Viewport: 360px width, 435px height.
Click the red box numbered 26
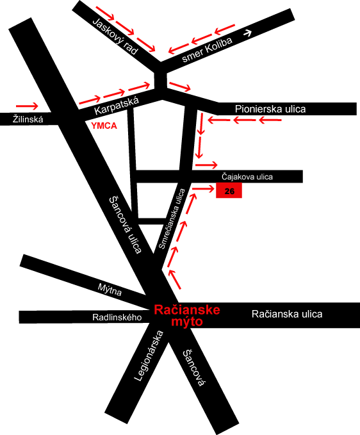[229, 191]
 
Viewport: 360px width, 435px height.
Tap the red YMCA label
[104, 126]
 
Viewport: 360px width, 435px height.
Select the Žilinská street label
[28, 120]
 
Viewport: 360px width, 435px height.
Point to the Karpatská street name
[117, 106]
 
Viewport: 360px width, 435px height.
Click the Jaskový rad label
[115, 36]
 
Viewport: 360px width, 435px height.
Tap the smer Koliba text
[207, 49]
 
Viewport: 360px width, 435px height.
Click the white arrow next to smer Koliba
[247, 33]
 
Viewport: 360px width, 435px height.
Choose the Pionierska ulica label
[270, 109]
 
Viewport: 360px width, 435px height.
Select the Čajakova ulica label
[247, 177]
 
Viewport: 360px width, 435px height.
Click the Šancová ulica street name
[126, 225]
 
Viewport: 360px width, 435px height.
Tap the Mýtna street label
[110, 290]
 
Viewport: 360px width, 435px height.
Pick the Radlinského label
[117, 317]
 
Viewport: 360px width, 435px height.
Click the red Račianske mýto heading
[187, 316]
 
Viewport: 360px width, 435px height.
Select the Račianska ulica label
[287, 314]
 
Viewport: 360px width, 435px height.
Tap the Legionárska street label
[149, 356]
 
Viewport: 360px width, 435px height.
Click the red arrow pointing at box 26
[204, 189]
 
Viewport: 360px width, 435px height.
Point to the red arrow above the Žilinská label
[27, 106]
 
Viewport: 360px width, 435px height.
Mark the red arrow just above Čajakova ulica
[206, 165]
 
